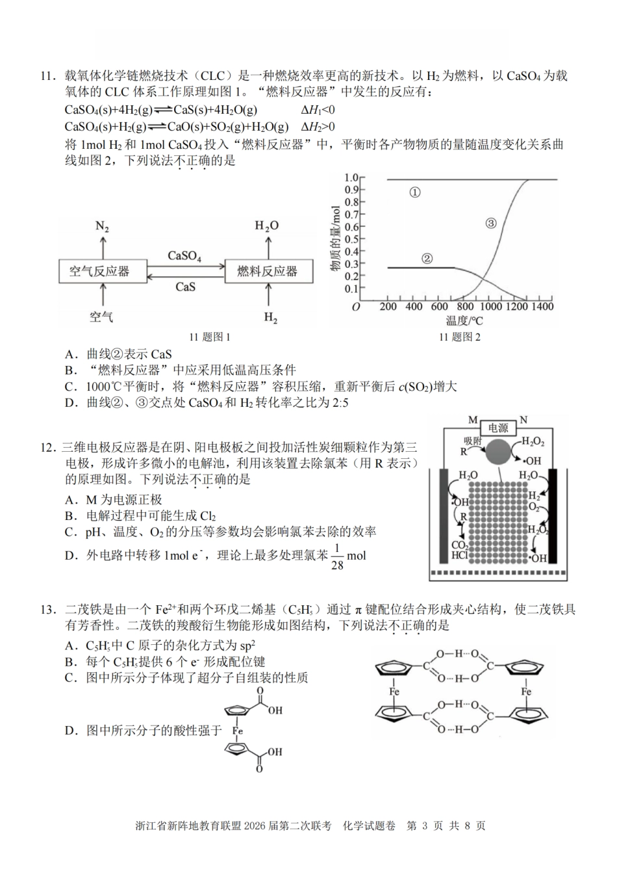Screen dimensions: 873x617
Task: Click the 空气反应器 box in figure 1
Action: tap(99, 271)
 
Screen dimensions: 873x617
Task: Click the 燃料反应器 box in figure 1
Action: tap(267, 271)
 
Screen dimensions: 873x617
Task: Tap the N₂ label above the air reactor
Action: tap(102, 226)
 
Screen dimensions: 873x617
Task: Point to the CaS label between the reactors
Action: tap(185, 286)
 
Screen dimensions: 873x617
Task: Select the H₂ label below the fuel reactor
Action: tap(270, 318)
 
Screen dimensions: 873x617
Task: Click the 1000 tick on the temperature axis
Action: tap(490, 307)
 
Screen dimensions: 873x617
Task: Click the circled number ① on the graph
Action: tap(416, 192)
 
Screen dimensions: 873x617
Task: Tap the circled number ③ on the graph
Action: tap(491, 223)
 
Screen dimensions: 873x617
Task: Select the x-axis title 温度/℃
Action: tap(464, 320)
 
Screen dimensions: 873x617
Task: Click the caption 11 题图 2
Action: tap(460, 337)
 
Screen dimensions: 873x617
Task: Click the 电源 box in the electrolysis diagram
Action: tap(497, 428)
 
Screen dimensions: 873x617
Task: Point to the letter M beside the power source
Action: tap(473, 421)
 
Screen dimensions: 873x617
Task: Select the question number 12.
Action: tap(49, 449)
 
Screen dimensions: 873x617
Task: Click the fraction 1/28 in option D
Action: tap(336, 557)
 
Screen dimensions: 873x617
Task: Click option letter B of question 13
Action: tap(71, 662)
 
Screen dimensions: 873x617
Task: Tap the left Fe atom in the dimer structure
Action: tap(394, 692)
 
